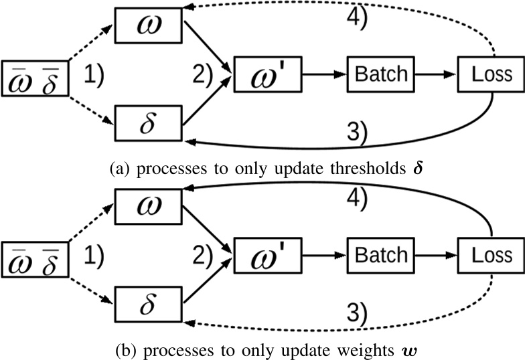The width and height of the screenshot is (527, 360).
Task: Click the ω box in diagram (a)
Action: (x=149, y=24)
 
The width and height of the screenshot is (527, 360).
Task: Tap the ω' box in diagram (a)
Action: (x=266, y=73)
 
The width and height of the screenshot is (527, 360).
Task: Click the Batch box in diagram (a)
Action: (x=380, y=73)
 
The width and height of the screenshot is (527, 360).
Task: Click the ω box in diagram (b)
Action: (x=149, y=205)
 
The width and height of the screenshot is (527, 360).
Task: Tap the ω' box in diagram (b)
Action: (x=266, y=254)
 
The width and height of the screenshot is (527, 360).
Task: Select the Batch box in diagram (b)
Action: (x=380, y=254)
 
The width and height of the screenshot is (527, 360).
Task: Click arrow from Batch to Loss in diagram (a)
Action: (x=435, y=73)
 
